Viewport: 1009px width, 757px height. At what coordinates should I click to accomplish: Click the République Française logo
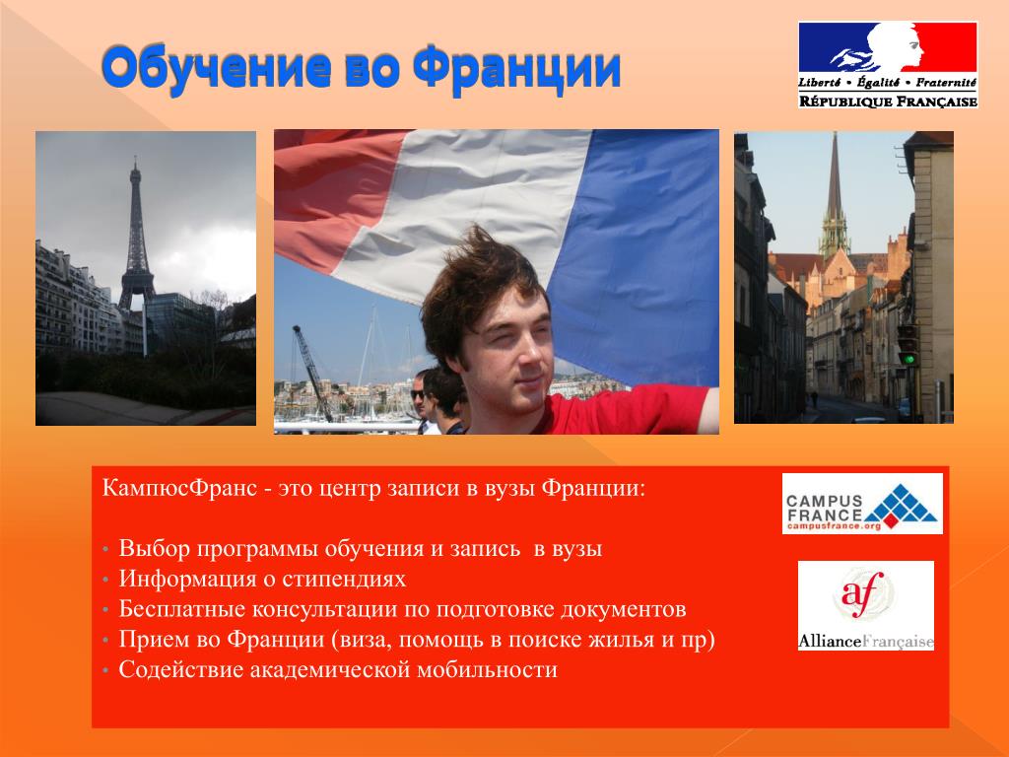(x=888, y=65)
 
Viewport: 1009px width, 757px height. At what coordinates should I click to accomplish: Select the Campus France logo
(x=862, y=504)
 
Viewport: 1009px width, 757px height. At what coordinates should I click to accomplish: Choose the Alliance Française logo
(x=865, y=605)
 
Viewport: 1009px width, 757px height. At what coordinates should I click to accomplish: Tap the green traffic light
(x=908, y=358)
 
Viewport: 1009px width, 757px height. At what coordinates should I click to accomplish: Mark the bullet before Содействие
(x=105, y=671)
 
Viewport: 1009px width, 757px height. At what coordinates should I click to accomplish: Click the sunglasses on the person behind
(x=418, y=395)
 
